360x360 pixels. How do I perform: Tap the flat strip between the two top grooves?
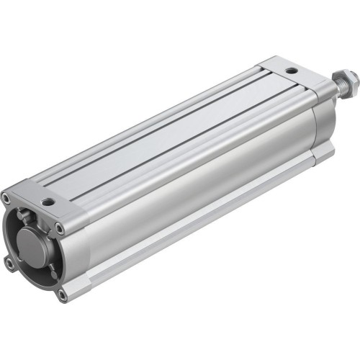click(x=180, y=137)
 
